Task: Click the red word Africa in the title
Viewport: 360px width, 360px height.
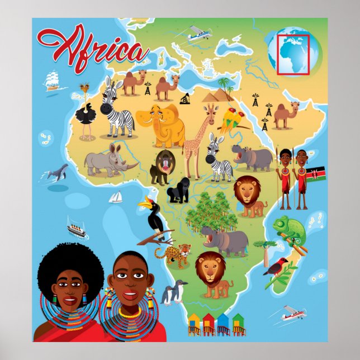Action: click(x=92, y=48)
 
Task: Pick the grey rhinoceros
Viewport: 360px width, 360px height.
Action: click(x=108, y=160)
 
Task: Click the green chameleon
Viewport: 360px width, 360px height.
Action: click(x=290, y=228)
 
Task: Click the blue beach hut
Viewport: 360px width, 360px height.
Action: click(x=223, y=323)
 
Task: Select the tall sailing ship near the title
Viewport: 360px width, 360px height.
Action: click(x=51, y=80)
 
